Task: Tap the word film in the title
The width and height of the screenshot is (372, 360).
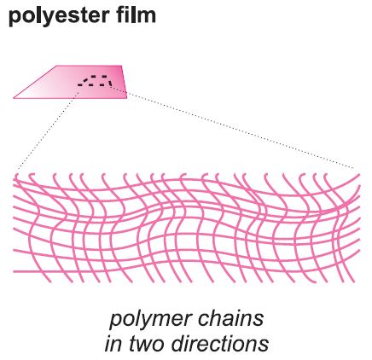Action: pos(136,15)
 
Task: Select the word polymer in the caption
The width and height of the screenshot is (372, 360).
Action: pos(149,320)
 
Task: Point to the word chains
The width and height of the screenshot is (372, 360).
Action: pos(230,318)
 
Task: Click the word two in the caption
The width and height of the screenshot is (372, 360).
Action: pos(147,344)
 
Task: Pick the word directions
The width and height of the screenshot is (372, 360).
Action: pos(220,344)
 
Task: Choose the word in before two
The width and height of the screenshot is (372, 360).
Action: pos(114,344)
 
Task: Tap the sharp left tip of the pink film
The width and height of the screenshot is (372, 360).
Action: pos(14,98)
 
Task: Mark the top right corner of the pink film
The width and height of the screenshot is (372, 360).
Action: pos(122,66)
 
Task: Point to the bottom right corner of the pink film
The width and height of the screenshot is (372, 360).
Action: pos(127,98)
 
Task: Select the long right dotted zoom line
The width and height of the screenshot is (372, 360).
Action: pos(231,127)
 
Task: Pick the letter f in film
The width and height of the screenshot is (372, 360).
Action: pos(119,15)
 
